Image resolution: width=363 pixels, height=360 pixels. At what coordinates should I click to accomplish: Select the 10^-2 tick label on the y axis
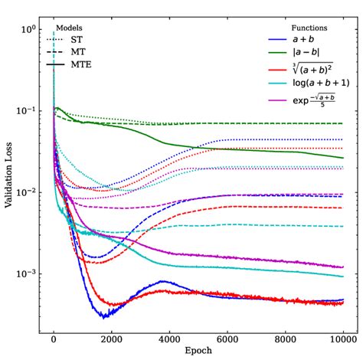pyautogui.click(x=27, y=192)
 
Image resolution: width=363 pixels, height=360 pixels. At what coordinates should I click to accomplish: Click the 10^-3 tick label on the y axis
pyautogui.click(x=27, y=273)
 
